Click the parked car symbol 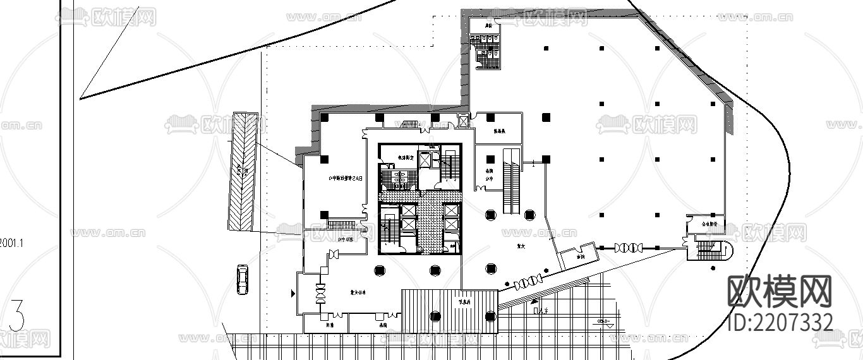[243, 279]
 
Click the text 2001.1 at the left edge [11, 241]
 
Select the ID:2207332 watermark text [781, 323]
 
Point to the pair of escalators [511, 181]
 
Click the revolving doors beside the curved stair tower [629, 248]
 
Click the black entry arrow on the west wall [292, 293]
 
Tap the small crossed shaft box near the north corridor [464, 120]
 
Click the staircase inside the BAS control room [342, 224]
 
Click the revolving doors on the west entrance [321, 293]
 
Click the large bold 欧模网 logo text [780, 292]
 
